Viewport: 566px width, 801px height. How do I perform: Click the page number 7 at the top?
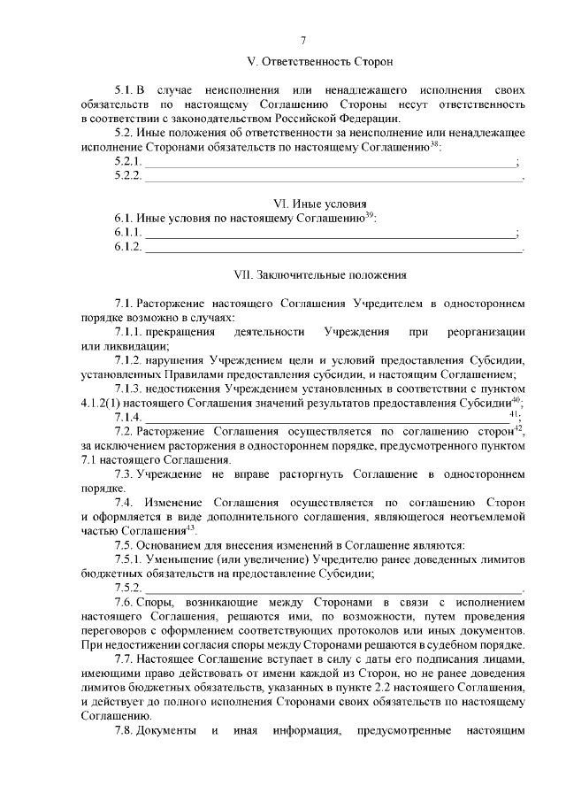[303, 40]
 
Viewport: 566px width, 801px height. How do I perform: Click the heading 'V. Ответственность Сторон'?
[319, 62]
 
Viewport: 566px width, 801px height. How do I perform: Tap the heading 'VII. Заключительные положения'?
[319, 275]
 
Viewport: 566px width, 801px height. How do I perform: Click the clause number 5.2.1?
[128, 162]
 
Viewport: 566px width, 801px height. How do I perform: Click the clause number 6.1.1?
[128, 232]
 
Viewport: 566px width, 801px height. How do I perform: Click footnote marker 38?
[434, 144]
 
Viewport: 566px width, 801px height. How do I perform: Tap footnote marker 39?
[371, 214]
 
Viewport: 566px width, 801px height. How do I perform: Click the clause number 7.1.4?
[128, 417]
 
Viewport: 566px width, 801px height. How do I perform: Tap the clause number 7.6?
[125, 603]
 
